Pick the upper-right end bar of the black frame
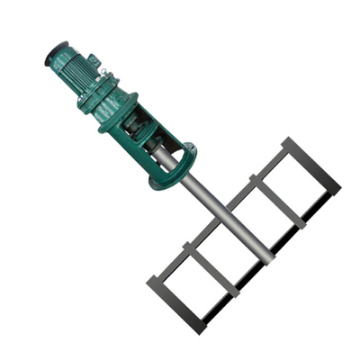[x=311, y=166]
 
